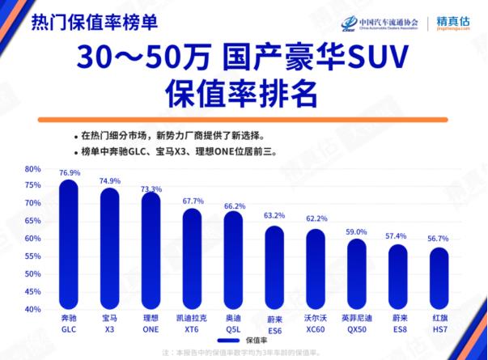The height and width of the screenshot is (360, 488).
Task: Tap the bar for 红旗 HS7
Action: (439, 278)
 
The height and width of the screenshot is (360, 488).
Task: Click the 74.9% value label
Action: (109, 181)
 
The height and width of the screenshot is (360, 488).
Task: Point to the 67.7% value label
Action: (193, 201)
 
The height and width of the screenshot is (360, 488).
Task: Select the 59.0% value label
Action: (357, 232)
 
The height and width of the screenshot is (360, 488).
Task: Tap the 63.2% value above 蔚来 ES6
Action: (274, 216)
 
